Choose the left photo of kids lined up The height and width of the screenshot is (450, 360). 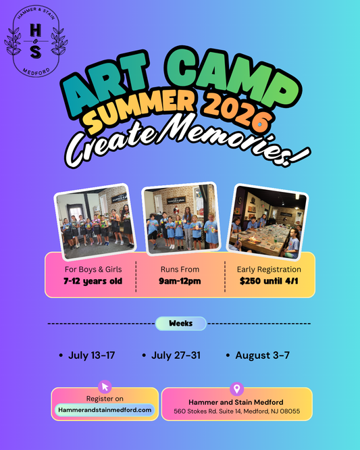[94, 226]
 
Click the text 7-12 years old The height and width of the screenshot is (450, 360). [93, 281]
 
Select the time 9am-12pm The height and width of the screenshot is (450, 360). [180, 281]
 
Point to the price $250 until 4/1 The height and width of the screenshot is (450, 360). [269, 281]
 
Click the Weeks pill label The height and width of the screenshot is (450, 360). [180, 324]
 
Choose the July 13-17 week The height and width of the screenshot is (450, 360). [88, 355]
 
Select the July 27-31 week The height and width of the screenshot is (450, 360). [176, 355]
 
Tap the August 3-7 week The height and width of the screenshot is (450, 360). [262, 355]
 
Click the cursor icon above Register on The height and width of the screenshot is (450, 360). [105, 386]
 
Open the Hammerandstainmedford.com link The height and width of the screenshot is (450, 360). [105, 409]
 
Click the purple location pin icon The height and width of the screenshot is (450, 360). [236, 389]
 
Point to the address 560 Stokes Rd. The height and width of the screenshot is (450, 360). [236, 411]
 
